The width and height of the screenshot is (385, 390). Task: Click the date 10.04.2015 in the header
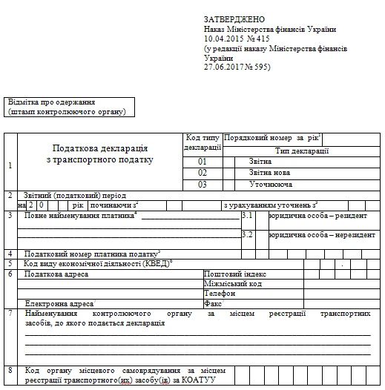coord(223,38)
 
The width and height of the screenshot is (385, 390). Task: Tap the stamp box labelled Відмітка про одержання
coord(67,107)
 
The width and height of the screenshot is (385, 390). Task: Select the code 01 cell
coord(203,160)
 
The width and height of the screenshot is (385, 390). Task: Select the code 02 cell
coord(203,172)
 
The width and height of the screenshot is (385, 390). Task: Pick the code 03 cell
coord(203,184)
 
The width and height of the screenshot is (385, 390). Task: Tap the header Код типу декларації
coord(203,142)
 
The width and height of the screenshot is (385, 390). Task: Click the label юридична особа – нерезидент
coord(321,234)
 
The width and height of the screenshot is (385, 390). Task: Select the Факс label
coord(213,303)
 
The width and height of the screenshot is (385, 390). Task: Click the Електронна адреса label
coord(59,303)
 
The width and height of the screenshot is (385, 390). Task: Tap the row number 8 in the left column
coord(10,370)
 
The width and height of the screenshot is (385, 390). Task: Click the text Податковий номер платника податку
coord(92,254)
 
